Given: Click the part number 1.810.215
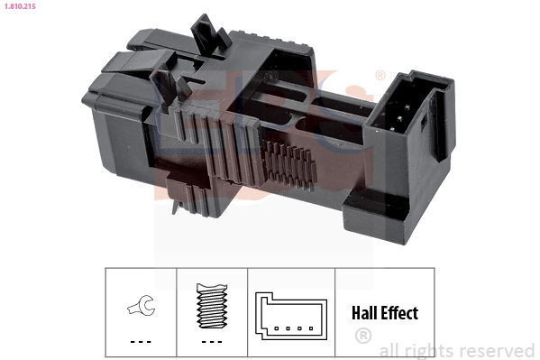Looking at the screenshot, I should pos(20,6).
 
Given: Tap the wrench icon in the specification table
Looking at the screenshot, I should pos(140,308).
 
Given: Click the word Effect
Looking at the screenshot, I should pos(399,314).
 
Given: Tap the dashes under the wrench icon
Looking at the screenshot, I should pos(140,342).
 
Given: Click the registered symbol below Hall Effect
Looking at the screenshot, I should pos(363,337).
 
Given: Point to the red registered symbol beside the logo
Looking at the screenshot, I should pos(380,76).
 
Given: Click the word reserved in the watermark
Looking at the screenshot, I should pos(496,350).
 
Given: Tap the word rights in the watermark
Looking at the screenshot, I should pos(429,350).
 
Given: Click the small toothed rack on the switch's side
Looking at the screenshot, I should pos(293,162).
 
